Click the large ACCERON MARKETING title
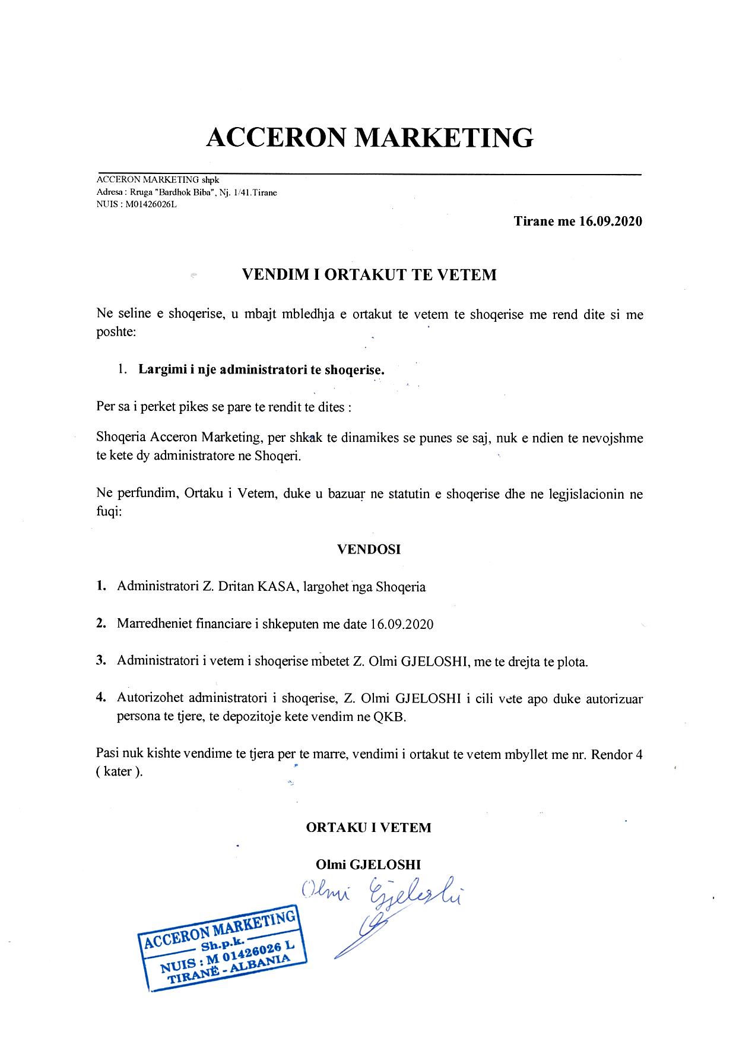(369, 137)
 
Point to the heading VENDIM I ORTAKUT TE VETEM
(369, 274)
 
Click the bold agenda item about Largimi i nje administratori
(261, 369)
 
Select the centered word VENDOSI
(369, 549)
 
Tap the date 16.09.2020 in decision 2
(401, 624)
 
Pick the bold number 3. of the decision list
(101, 661)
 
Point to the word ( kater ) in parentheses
(119, 773)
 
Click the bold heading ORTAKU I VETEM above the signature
(369, 827)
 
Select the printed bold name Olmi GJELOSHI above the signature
(369, 865)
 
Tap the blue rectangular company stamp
(223, 950)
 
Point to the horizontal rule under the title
(369, 174)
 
